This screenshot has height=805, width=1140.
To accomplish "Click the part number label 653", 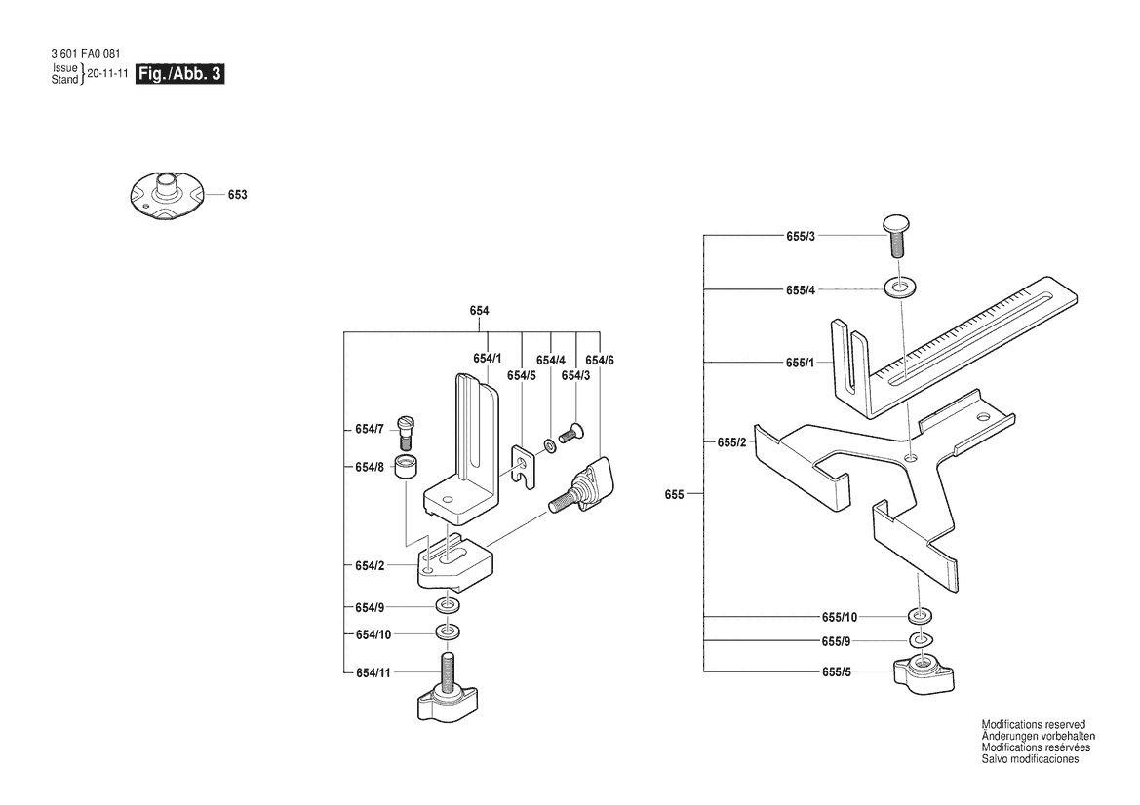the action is click(x=238, y=195).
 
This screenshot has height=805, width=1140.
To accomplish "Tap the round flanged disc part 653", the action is click(x=167, y=196).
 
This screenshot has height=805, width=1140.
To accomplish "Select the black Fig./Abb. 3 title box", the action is click(x=179, y=74).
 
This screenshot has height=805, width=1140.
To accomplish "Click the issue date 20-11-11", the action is click(x=107, y=73).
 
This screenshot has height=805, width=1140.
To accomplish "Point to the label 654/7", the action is click(x=370, y=430).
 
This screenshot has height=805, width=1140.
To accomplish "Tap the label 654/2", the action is click(x=370, y=566).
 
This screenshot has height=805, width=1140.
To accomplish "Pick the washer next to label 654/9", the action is click(x=449, y=606).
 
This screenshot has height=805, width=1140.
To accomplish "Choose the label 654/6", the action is click(x=600, y=361).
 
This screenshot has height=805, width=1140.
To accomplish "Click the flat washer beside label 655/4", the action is click(x=900, y=288).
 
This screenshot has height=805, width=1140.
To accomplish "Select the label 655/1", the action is click(x=801, y=363).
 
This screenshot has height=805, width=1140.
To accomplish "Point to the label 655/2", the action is click(x=732, y=442).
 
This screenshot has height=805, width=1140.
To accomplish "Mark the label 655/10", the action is click(x=840, y=617).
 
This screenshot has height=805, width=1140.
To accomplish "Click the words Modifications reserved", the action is click(x=1033, y=724).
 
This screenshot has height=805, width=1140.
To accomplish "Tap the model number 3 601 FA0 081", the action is click(x=86, y=54).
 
